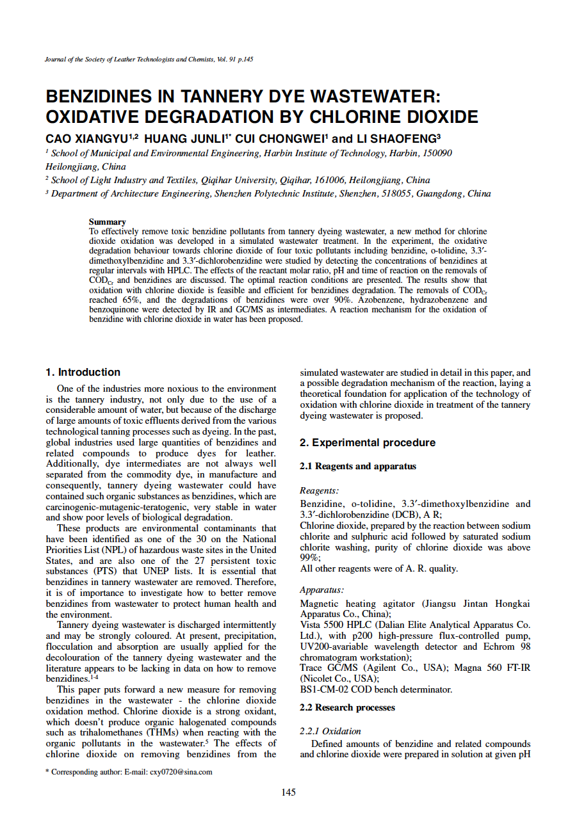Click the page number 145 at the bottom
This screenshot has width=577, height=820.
pos(288,792)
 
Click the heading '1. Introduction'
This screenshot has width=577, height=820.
pos(83,372)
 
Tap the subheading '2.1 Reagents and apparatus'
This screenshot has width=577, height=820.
pos(358,466)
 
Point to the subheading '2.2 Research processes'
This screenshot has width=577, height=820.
pos(347,707)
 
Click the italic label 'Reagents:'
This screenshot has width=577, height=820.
pos(319,491)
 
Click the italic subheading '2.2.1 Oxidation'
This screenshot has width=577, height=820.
pos(330,731)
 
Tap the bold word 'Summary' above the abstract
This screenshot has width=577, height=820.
pos(107,221)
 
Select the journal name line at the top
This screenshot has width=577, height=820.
pos(149,60)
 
